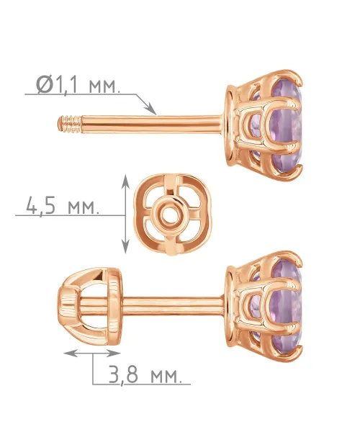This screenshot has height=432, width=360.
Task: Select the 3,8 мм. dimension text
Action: click(x=145, y=374)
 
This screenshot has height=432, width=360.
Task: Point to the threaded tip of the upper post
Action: click(x=70, y=125)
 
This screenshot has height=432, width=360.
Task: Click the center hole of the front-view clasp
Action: click(x=168, y=215)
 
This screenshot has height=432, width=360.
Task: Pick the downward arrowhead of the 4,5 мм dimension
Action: click(x=125, y=246)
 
